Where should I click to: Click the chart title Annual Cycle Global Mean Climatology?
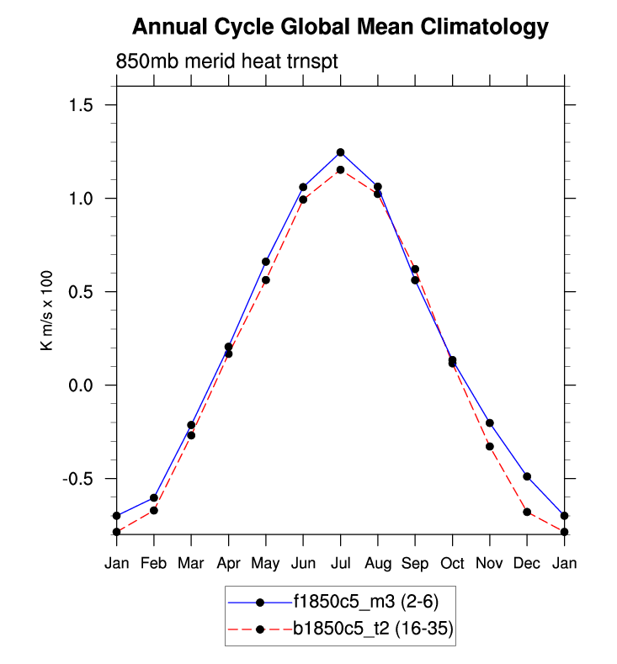coord(340,28)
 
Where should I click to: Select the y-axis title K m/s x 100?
coord(48,308)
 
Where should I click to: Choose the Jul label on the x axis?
coord(340,563)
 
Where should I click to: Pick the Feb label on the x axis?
coord(154,563)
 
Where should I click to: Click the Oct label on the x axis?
coord(452,563)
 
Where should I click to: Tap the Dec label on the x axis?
coord(527,563)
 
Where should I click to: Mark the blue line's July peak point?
coord(340,152)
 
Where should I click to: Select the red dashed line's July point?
coord(340,170)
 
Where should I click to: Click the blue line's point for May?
coord(266,262)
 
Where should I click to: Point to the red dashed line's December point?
coord(527,512)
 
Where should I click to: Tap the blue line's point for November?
coord(490,422)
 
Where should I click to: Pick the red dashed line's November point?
coord(490,446)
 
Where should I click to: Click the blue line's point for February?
coord(154,497)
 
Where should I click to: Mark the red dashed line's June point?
coord(303,199)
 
